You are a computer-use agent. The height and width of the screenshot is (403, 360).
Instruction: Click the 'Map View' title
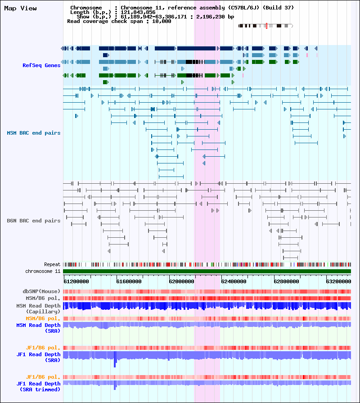pyautogui.click(x=20, y=9)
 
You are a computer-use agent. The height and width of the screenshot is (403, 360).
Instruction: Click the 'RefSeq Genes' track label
pyautogui.click(x=41, y=65)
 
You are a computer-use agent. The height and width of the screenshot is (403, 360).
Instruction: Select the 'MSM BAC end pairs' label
pyautogui.click(x=34, y=133)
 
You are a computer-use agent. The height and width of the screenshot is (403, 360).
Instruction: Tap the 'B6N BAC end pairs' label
pyautogui.click(x=34, y=221)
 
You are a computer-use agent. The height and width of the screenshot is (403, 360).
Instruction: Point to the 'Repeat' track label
pyautogui.click(x=52, y=264)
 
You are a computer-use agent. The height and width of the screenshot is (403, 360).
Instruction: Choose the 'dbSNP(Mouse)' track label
pyautogui.click(x=41, y=291)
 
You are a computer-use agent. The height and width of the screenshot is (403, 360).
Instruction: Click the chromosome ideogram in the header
pyautogui.click(x=265, y=26)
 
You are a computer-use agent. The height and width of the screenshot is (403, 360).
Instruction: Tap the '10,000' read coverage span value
pyautogui.click(x=161, y=21)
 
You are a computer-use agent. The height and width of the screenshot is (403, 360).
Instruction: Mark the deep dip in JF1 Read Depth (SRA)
pyautogui.click(x=115, y=362)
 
